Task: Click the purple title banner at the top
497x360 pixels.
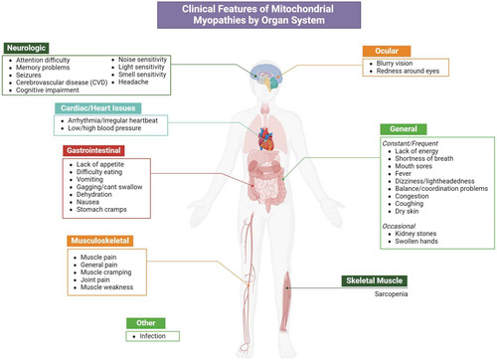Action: click(258, 15)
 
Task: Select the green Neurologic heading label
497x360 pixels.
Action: click(26, 48)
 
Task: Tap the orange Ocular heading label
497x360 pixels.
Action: click(387, 51)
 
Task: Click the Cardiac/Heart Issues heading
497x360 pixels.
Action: click(97, 108)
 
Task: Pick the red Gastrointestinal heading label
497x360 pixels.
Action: click(93, 150)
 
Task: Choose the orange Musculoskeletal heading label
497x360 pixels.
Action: click(100, 241)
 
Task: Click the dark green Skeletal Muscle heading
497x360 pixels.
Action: click(375, 280)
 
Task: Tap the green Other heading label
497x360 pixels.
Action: click(146, 323)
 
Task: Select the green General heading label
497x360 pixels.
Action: click(404, 129)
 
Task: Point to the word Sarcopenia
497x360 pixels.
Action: click(391, 294)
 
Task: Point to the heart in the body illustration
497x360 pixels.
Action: click(266, 139)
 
